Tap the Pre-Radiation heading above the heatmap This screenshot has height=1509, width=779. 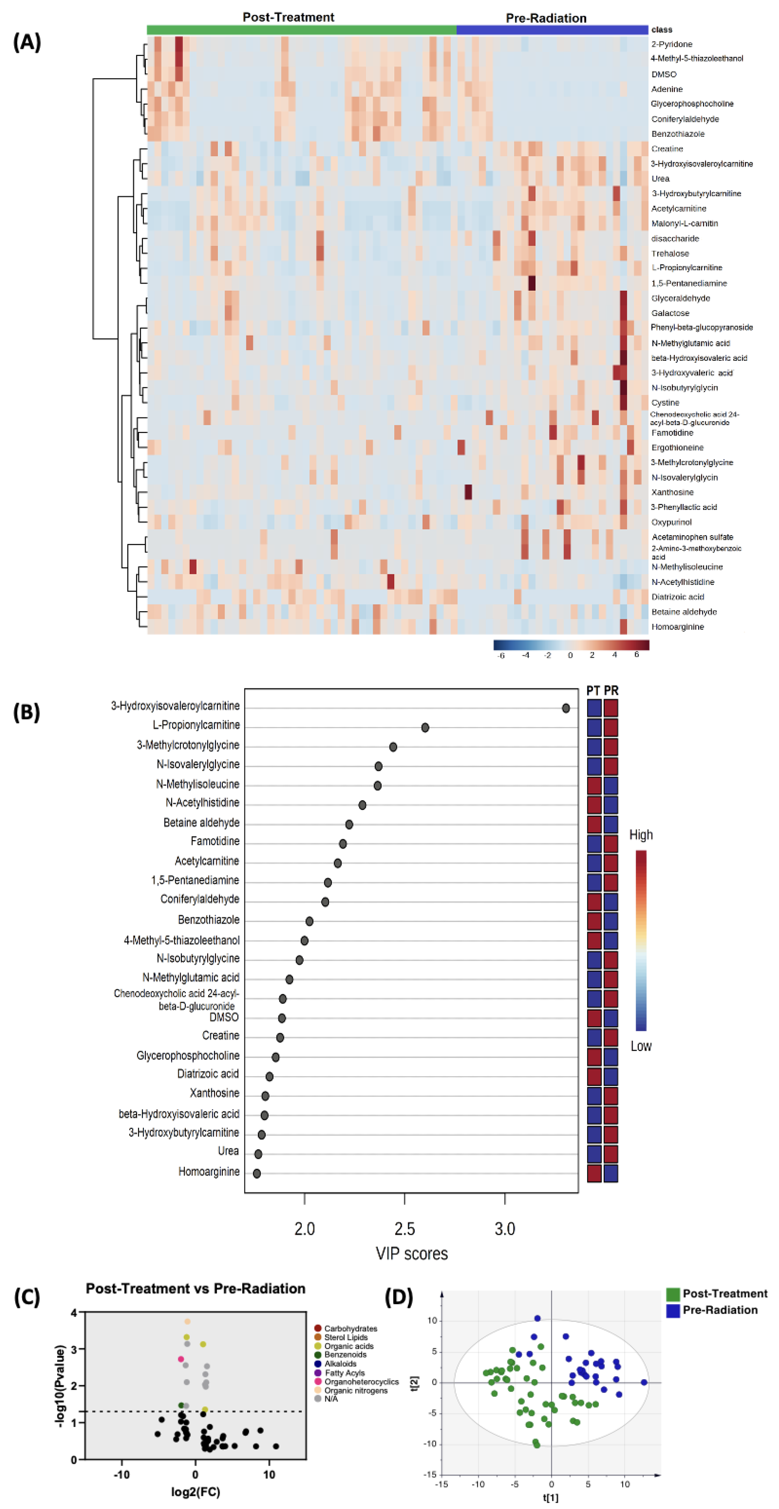546,18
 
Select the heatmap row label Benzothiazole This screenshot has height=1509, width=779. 678,134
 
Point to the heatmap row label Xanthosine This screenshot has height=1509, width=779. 672,493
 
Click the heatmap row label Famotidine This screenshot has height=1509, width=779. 672,433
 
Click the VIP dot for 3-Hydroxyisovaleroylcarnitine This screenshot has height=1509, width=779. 565,708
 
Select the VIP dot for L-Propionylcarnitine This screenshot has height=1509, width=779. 425,728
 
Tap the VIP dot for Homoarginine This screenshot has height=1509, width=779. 257,1173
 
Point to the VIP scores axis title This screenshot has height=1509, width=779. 412,1254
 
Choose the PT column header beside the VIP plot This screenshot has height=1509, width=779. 593,691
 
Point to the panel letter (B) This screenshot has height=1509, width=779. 26,712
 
